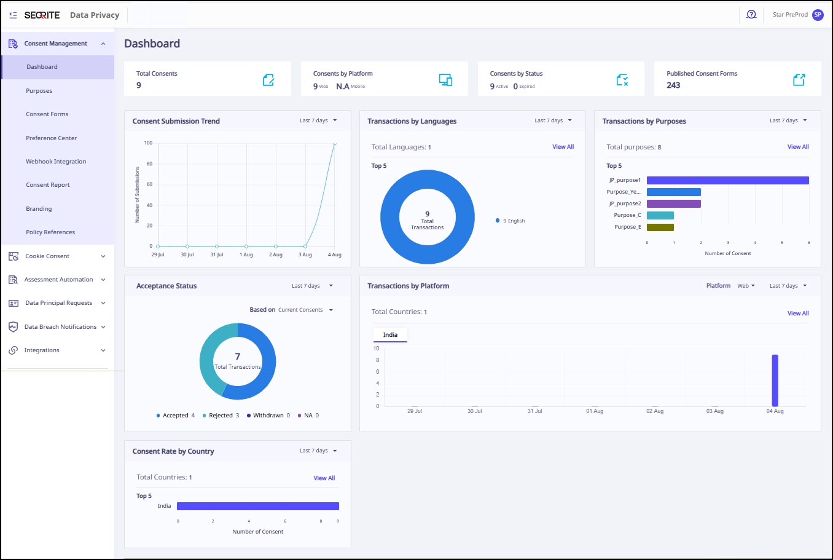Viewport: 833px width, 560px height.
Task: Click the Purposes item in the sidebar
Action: pos(39,91)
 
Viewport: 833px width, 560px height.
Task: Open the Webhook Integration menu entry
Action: pos(56,162)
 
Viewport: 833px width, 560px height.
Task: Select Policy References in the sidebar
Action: pos(50,232)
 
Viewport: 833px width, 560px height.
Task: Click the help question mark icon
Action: pos(751,15)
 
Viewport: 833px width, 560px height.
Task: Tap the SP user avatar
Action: pos(818,15)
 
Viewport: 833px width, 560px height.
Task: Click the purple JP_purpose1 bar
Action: pos(728,181)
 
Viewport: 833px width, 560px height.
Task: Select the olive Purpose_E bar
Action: pos(660,227)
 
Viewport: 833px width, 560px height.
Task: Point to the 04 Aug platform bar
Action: pos(775,381)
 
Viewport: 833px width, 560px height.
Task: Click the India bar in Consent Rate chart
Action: pos(258,506)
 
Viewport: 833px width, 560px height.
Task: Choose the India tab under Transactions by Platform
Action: pos(390,335)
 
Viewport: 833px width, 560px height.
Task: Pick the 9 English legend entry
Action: pos(510,221)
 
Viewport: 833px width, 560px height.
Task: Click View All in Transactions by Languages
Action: pos(563,146)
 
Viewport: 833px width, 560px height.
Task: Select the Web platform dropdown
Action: pos(746,286)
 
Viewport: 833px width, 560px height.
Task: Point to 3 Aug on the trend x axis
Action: pos(305,254)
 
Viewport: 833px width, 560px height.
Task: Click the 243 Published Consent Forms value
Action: pos(673,85)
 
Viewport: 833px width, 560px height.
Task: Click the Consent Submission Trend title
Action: pos(176,121)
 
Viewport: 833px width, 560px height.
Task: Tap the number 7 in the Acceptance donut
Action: pos(238,357)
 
